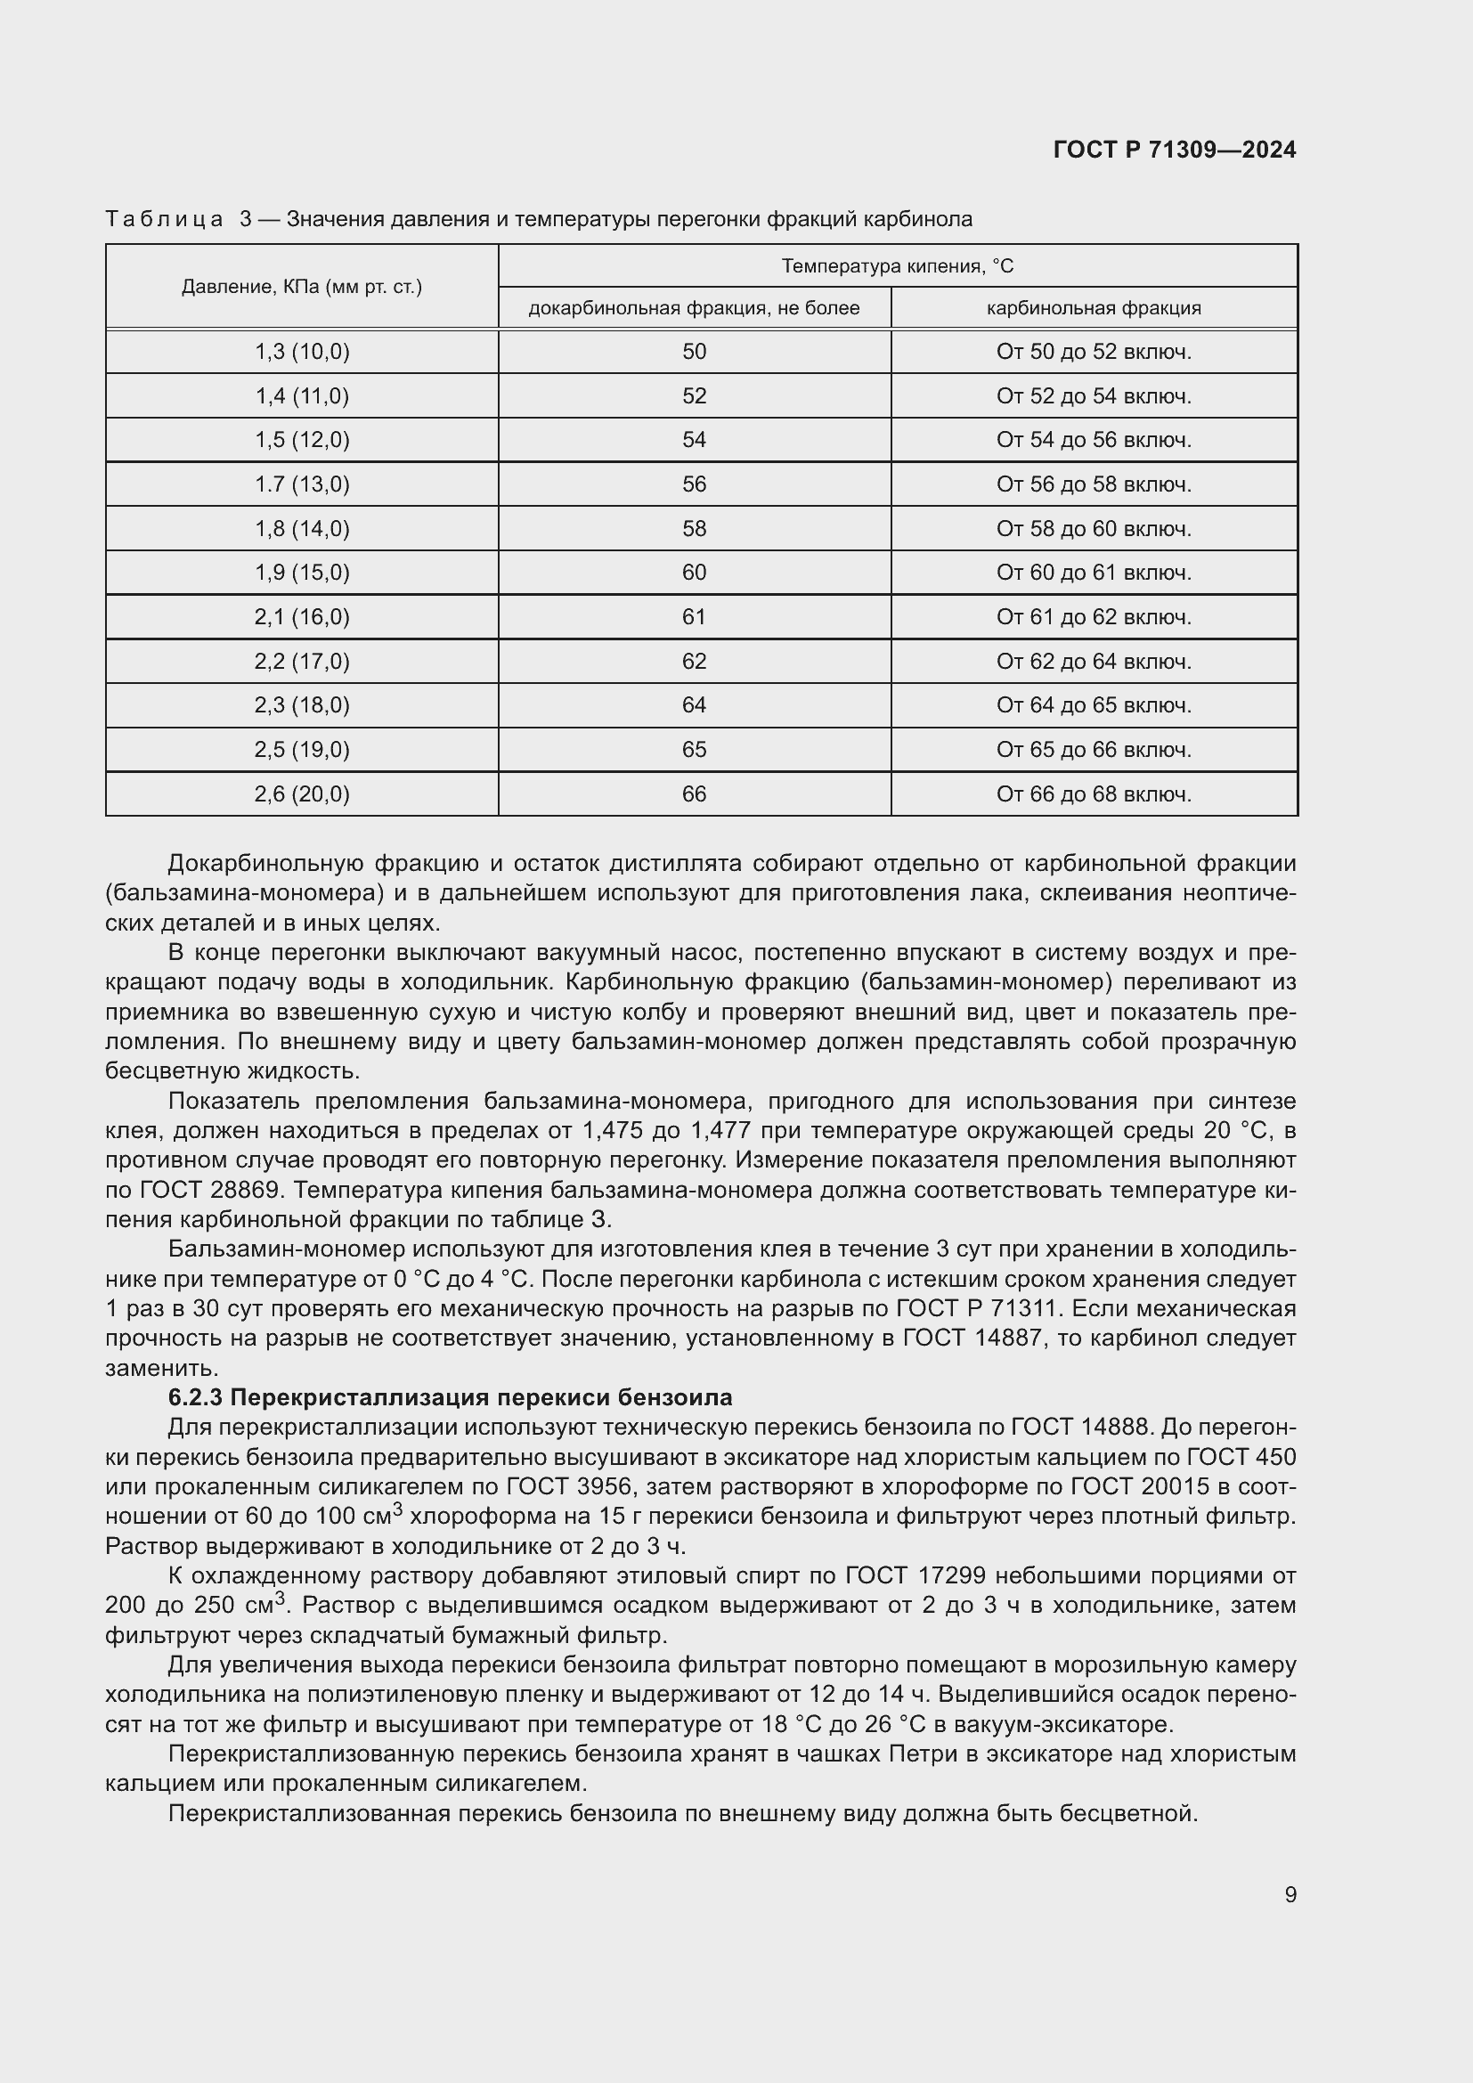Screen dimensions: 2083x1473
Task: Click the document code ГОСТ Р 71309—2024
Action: pos(1175,150)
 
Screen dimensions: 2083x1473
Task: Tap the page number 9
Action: pos(1290,1895)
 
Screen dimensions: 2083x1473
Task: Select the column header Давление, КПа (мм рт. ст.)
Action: pos(301,288)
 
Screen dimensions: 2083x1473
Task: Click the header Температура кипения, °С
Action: pos(897,265)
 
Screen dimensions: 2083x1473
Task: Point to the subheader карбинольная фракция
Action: pos(1093,308)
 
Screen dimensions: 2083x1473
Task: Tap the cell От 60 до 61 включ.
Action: pos(1093,574)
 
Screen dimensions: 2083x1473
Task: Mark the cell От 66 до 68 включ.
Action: pos(1093,794)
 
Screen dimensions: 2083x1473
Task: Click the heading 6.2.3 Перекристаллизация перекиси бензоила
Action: pos(450,1398)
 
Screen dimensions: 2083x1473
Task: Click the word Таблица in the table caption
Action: pos(164,220)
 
